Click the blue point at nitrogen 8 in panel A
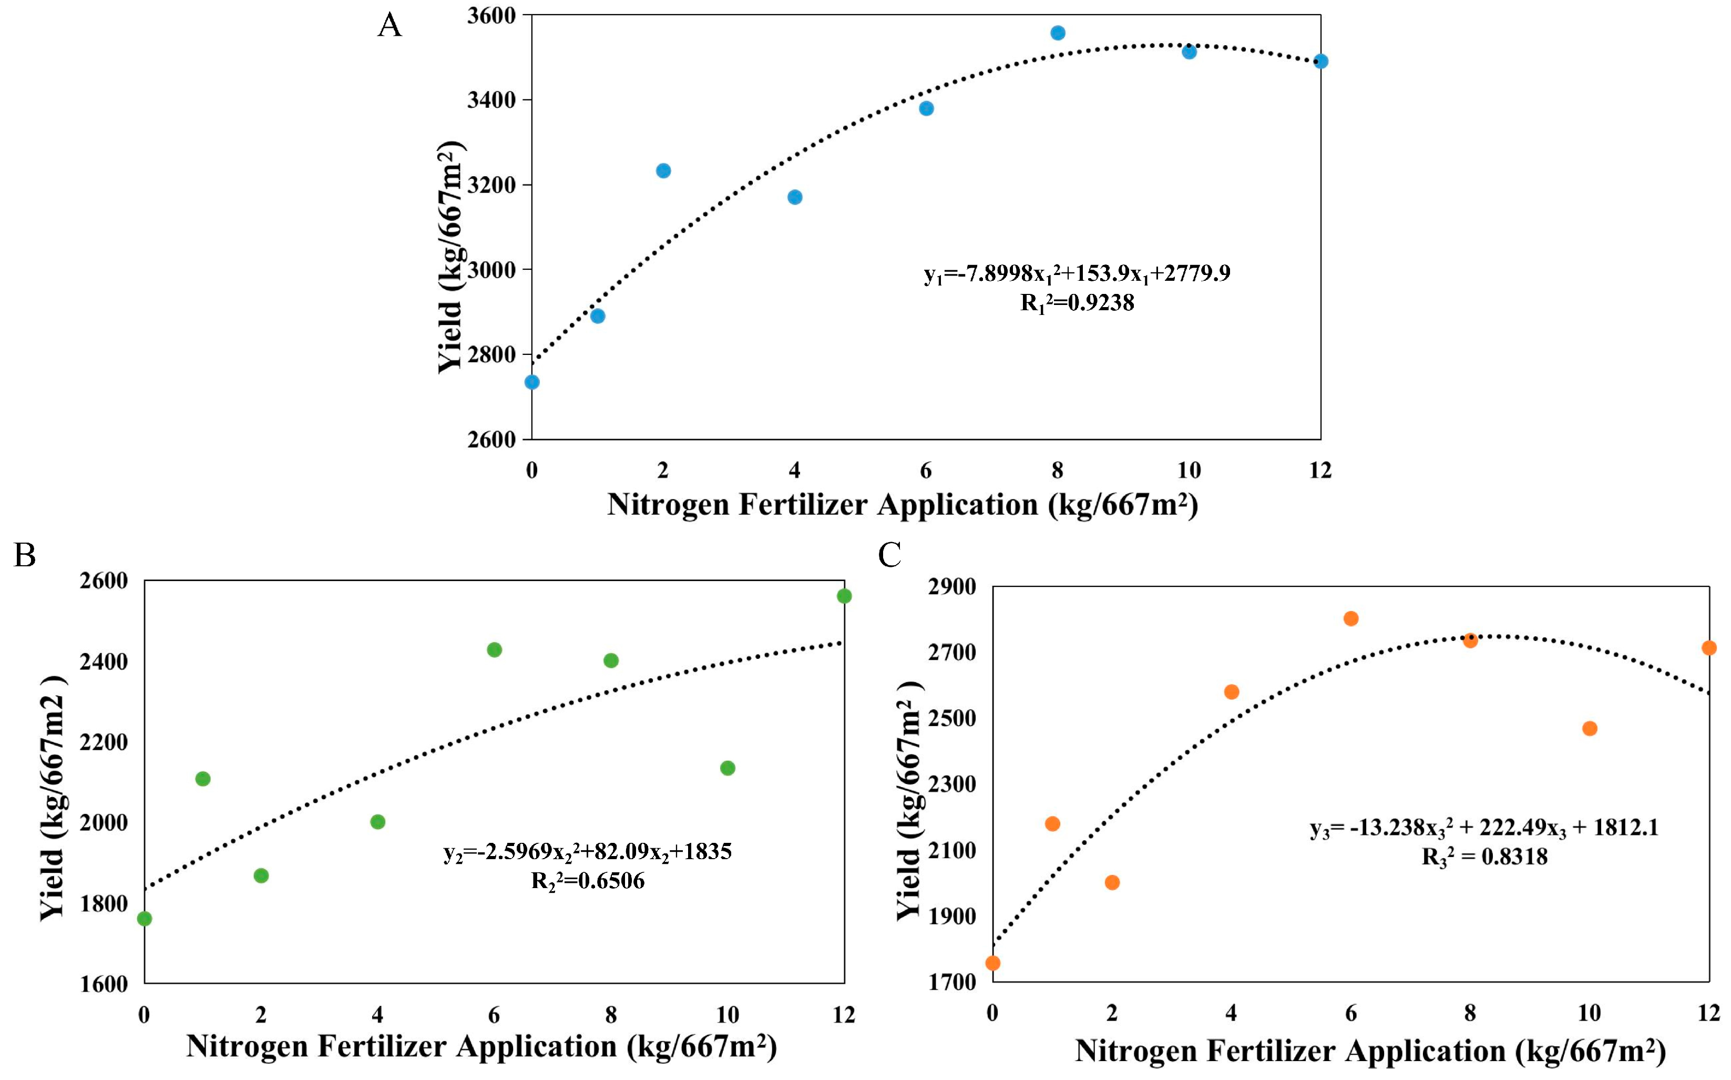tap(1058, 33)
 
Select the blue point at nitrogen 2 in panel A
tap(663, 171)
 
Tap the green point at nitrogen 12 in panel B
tap(844, 596)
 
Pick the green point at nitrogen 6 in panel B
tap(494, 649)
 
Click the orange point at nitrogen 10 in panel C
tap(1590, 729)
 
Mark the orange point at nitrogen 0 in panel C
tap(992, 963)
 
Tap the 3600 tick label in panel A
tap(491, 15)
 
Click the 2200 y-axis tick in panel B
tap(104, 742)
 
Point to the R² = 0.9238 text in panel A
tap(1077, 303)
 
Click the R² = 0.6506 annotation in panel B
tap(588, 881)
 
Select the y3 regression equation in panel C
tap(1484, 828)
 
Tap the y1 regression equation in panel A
tap(1077, 273)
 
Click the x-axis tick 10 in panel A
tap(1189, 470)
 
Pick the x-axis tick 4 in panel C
tap(1231, 1013)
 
